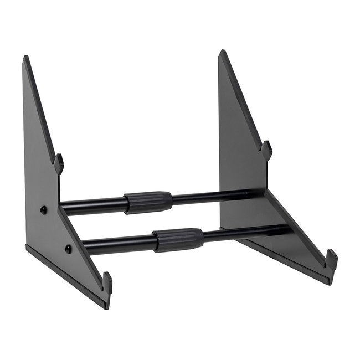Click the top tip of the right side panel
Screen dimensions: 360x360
pyautogui.click(x=222, y=52)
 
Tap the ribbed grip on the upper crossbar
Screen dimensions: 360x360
pyautogui.click(x=148, y=202)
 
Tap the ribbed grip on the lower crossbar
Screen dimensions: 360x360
pyautogui.click(x=178, y=240)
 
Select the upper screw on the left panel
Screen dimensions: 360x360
pyautogui.click(x=44, y=209)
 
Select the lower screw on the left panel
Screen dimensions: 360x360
pyautogui.click(x=68, y=249)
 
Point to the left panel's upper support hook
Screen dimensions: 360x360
pyautogui.click(x=59, y=163)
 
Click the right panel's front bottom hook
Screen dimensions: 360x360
pyautogui.click(x=331, y=259)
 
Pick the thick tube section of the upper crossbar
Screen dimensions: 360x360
pyautogui.click(x=91, y=206)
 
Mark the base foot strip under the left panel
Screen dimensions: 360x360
pyautogui.click(x=66, y=275)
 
